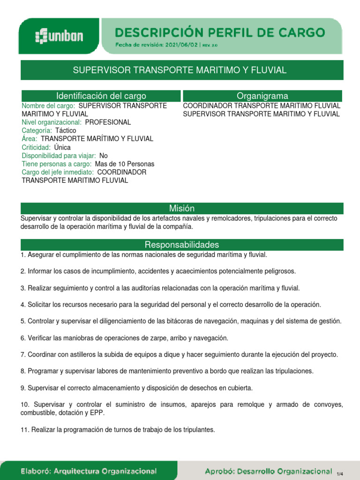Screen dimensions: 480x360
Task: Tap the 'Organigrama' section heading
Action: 262,96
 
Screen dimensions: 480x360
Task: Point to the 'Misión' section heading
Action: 182,209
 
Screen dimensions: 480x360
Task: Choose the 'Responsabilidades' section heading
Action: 182,245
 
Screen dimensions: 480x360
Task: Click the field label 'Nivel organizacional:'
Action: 52,122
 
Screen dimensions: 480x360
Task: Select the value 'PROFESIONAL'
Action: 108,122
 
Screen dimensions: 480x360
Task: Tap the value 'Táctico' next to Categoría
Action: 66,131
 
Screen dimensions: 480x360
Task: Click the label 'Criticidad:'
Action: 36,147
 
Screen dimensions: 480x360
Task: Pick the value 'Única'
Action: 62,147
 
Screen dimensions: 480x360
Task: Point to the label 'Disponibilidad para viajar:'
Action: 59,156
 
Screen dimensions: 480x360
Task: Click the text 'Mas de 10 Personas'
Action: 124,164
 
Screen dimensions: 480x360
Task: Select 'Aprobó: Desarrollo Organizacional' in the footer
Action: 269,471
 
